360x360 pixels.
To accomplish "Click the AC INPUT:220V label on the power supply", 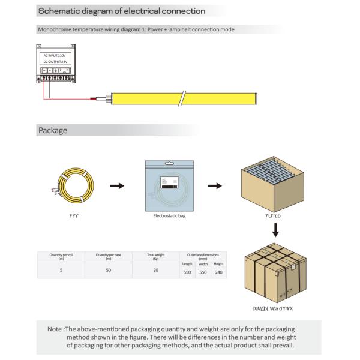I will coord(57,55).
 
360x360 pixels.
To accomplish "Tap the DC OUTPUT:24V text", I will coord(57,62).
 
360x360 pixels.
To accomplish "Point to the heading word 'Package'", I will coord(52,130).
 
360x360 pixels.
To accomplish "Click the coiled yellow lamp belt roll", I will coord(74,186).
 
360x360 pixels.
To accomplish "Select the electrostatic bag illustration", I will coord(170,187).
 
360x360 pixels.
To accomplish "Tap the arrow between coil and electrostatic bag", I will coord(118,185).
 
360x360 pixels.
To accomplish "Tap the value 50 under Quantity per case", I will coord(109,271).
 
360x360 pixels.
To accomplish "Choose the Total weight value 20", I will coord(155,271).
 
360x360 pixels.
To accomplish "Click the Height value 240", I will coord(219,272).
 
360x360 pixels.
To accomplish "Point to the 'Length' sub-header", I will coord(187,264).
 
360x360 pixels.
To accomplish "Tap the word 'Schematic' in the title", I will coord(61,11).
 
